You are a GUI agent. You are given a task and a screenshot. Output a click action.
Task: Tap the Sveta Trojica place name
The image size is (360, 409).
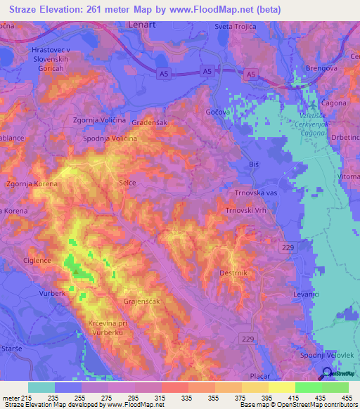point(237,26)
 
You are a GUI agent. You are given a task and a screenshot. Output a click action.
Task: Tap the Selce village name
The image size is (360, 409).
point(127,183)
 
